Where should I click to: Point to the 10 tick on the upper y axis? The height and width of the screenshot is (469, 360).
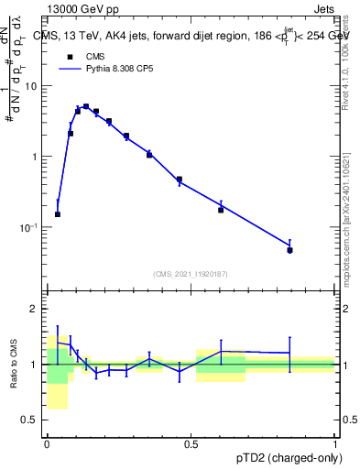[34, 86]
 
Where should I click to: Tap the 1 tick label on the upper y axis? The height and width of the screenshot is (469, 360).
[37, 157]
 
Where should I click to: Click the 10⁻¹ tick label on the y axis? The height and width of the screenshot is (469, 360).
[30, 227]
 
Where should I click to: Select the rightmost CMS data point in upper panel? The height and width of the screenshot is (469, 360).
[289, 250]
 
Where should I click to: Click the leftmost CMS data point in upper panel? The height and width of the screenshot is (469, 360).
[58, 214]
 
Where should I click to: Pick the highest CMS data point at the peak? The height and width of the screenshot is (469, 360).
[86, 106]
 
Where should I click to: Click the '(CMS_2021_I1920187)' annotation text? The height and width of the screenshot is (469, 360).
[191, 273]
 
